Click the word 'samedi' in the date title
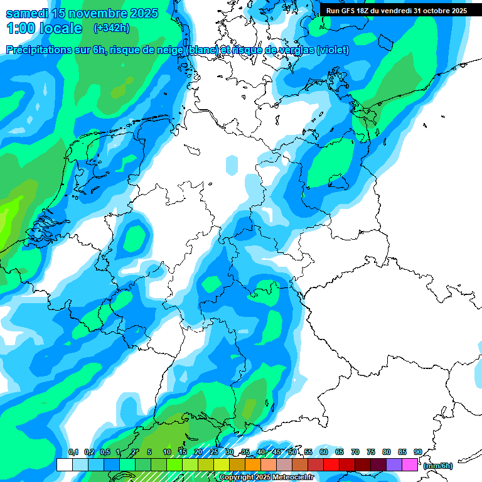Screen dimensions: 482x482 (x=28, y=13)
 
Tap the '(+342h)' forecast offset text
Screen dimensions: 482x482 (x=112, y=28)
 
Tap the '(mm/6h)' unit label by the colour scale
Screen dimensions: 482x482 (x=437, y=466)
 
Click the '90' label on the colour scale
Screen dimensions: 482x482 (x=418, y=452)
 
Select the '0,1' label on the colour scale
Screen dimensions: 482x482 (x=73, y=452)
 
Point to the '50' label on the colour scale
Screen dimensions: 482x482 (x=292, y=452)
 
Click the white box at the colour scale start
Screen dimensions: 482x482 (x=64, y=465)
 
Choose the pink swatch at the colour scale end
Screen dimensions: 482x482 (x=410, y=465)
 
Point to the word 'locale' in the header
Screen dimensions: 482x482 (x=60, y=28)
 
